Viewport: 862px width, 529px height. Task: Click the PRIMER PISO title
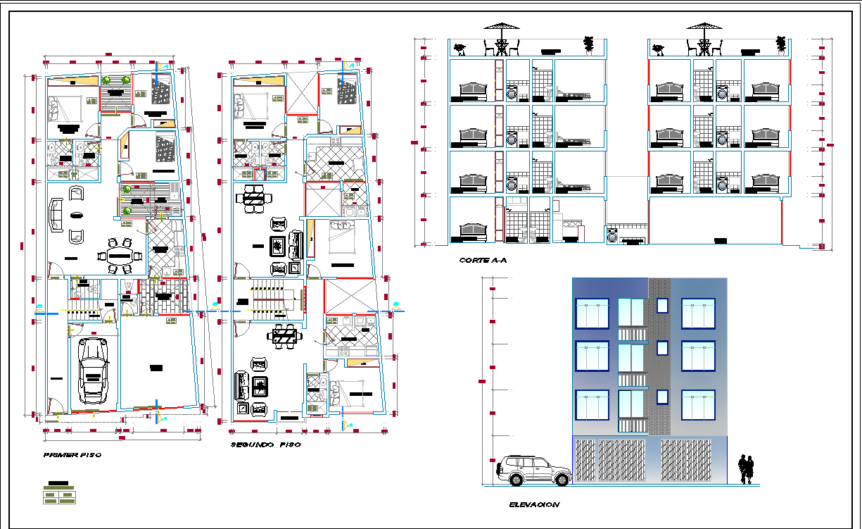(x=72, y=455)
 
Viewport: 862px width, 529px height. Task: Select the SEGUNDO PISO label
(x=265, y=445)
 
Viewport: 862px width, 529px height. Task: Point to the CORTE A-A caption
(x=482, y=261)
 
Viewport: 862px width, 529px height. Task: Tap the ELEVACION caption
(x=533, y=504)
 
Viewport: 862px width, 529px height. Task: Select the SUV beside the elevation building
(x=533, y=470)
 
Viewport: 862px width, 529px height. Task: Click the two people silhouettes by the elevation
(x=746, y=470)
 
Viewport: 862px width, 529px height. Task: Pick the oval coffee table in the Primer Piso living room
(x=75, y=214)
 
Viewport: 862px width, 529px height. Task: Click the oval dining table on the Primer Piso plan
(x=119, y=255)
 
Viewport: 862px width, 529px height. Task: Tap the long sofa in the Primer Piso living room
(x=56, y=213)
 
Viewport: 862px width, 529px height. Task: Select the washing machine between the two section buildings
(x=613, y=236)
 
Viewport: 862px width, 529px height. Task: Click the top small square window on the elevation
(x=662, y=305)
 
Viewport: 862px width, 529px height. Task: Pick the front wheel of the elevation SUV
(x=516, y=479)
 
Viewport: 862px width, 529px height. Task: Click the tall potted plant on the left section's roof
(x=589, y=44)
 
